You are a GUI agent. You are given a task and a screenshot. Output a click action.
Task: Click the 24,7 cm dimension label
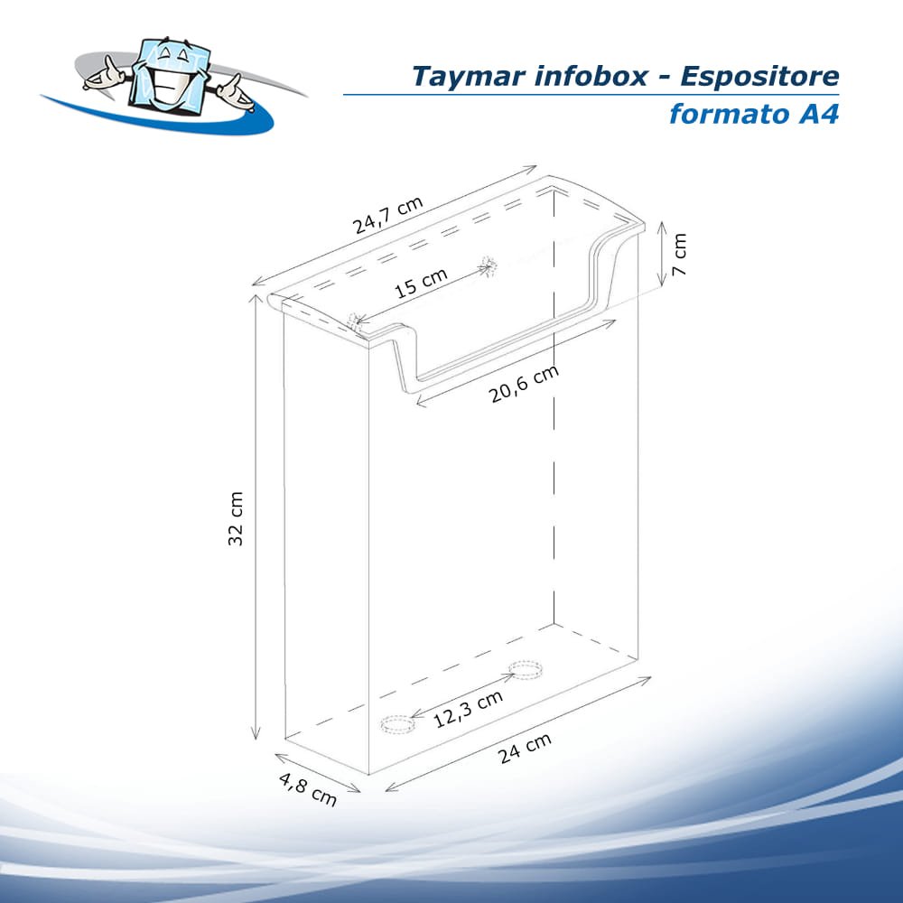(x=387, y=215)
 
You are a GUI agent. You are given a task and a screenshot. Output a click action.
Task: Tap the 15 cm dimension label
(x=421, y=284)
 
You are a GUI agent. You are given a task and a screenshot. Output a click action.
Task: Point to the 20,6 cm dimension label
(x=525, y=383)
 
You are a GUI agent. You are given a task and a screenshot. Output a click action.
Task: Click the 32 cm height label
(x=236, y=530)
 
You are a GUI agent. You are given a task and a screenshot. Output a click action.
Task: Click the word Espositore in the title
(x=759, y=77)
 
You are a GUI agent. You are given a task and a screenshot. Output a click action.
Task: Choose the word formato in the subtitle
(x=721, y=115)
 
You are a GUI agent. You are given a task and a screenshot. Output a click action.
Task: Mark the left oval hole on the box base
(x=396, y=724)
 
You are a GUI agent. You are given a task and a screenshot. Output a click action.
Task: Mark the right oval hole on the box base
(x=525, y=669)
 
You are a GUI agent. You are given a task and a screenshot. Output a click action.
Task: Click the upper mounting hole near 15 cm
(x=489, y=265)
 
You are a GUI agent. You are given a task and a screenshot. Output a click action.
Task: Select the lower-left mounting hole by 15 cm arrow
(x=355, y=320)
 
